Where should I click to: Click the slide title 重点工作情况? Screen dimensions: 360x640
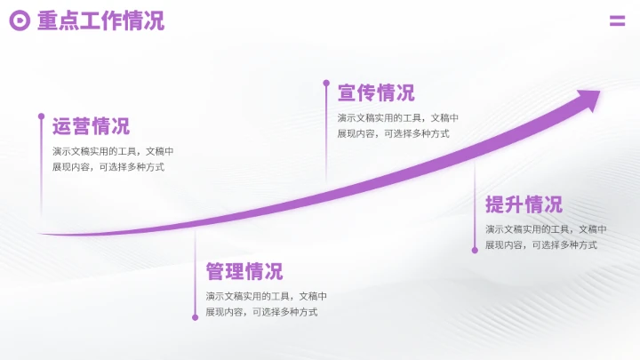[x=100, y=21]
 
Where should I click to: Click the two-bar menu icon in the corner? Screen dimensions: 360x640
[x=617, y=21]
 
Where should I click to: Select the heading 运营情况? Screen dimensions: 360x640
[x=91, y=126]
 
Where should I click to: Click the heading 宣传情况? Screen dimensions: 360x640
[x=376, y=93]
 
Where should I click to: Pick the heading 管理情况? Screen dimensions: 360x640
[x=244, y=272]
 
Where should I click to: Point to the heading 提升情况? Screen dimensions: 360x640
[x=524, y=204]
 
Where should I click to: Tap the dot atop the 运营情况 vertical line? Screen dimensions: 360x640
[x=41, y=116]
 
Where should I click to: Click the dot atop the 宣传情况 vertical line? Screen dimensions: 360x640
[x=326, y=84]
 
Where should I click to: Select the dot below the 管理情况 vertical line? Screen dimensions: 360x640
[x=196, y=316]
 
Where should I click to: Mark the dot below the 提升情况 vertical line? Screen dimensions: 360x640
[x=475, y=250]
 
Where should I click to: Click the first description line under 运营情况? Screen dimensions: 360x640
[x=113, y=151]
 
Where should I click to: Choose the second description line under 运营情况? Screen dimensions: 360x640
[x=108, y=167]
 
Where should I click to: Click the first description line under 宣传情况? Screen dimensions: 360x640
[x=398, y=118]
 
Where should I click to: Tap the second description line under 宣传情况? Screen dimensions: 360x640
[x=393, y=134]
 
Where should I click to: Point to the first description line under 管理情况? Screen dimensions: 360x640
[x=267, y=296]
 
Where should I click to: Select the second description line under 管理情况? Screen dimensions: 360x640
[x=261, y=312]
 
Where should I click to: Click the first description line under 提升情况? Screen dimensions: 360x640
[x=546, y=229]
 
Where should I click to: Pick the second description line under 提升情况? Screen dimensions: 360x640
[x=540, y=245]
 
